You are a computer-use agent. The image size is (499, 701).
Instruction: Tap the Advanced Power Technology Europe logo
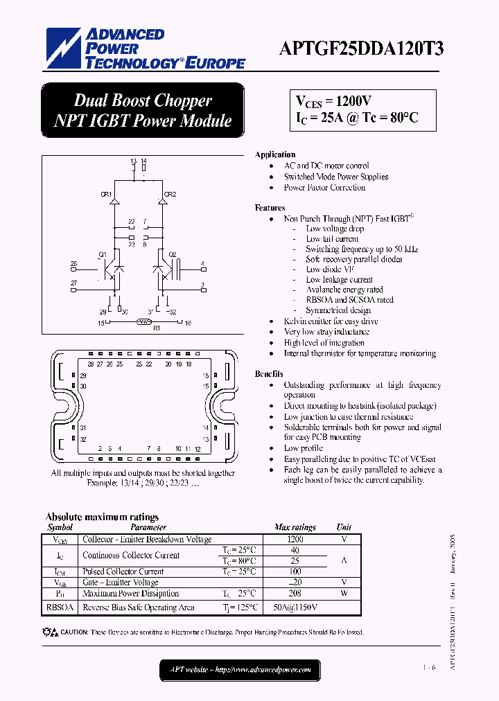[146, 48]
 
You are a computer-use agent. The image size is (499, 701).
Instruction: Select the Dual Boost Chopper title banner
[143, 110]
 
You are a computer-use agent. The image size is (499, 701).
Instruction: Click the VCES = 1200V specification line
[334, 102]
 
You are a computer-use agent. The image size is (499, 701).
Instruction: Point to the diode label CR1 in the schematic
[106, 195]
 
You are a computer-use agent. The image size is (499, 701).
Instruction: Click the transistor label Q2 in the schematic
[173, 254]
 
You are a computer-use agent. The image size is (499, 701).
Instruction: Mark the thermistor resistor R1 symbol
[145, 322]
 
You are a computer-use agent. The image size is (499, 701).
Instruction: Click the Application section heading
[275, 154]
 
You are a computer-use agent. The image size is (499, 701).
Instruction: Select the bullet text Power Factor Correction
[324, 188]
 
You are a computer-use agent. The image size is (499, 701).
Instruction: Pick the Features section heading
[270, 208]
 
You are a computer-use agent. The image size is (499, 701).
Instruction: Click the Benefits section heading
[269, 374]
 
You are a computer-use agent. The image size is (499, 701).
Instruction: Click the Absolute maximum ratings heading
[102, 517]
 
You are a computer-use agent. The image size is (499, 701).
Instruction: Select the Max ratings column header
[295, 528]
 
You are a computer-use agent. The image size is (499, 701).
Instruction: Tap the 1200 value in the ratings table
[295, 539]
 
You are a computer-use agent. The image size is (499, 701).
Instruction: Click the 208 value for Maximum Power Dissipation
[295, 594]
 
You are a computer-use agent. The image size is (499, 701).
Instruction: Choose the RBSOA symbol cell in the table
[60, 607]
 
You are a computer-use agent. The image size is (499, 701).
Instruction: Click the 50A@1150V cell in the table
[295, 607]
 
